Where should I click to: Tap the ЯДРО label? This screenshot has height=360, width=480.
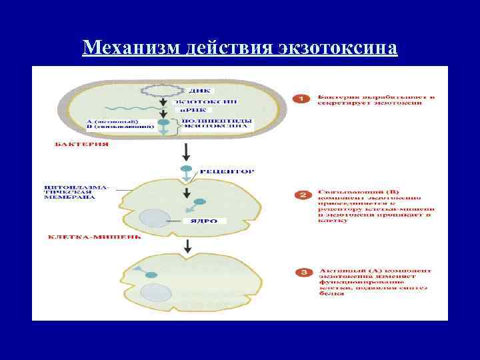204,220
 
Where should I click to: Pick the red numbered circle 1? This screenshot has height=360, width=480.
301,98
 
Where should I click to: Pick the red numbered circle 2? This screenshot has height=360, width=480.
301,195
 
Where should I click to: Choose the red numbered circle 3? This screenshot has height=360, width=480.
301,273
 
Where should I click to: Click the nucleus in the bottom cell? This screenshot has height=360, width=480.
155,291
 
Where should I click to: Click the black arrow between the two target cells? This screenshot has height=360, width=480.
187,245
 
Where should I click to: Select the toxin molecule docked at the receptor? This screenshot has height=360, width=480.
187,170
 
